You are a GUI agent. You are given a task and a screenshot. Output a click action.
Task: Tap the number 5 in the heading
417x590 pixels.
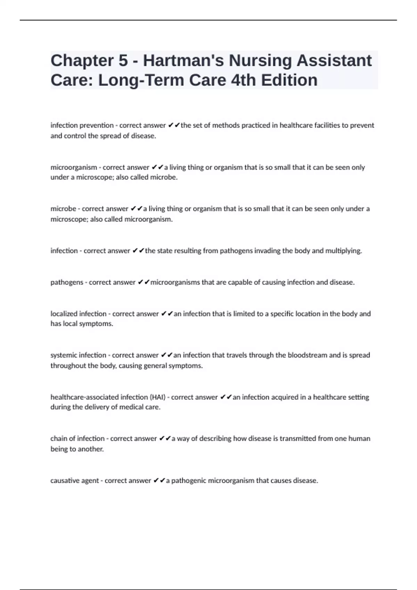click(x=123, y=61)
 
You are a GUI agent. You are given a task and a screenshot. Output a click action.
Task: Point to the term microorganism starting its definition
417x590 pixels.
click(x=74, y=167)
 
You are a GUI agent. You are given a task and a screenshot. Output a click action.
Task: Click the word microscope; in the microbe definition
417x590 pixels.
click(x=69, y=219)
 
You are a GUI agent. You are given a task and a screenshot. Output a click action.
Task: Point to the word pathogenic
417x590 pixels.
click(x=189, y=481)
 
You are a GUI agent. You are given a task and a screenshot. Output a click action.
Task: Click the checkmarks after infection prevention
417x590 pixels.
click(x=174, y=125)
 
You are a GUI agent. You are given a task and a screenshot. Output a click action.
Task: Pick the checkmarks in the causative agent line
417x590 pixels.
click(x=159, y=481)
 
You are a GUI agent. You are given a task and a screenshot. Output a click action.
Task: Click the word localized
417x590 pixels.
click(x=64, y=314)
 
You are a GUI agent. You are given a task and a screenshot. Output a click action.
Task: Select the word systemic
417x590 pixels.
click(x=64, y=355)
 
